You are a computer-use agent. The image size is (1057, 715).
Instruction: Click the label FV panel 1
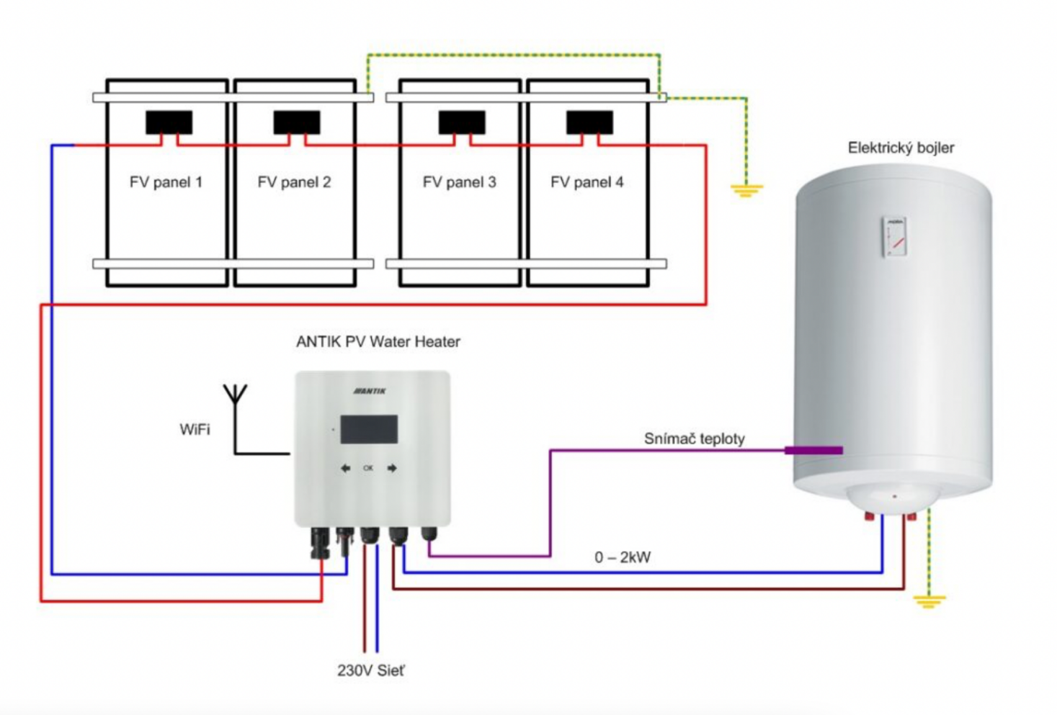[166, 182]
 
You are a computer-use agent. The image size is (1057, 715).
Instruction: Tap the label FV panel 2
[294, 182]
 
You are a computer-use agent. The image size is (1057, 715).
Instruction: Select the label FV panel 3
[459, 182]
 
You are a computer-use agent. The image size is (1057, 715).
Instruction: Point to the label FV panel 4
[587, 182]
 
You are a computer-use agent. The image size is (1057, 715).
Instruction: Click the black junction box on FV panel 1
[169, 122]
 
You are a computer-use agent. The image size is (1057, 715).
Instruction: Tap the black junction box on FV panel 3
[462, 122]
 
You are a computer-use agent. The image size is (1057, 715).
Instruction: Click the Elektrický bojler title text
[900, 148]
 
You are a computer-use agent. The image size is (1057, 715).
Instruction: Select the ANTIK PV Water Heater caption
[378, 342]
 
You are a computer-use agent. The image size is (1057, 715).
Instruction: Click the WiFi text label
[195, 430]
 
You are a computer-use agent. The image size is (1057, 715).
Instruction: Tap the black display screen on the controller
[369, 429]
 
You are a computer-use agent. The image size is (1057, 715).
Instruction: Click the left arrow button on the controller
[346, 468]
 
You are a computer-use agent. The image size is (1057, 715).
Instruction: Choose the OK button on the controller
[368, 468]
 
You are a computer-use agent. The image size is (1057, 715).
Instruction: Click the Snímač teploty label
[694, 439]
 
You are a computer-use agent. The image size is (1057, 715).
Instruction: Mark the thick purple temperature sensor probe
[813, 451]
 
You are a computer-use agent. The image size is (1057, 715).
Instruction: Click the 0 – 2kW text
[623, 557]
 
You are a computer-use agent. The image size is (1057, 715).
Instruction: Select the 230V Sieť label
[371, 670]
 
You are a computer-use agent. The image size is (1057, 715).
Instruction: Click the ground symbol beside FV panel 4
[746, 190]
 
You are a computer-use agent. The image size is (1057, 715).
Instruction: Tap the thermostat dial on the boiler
[895, 236]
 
